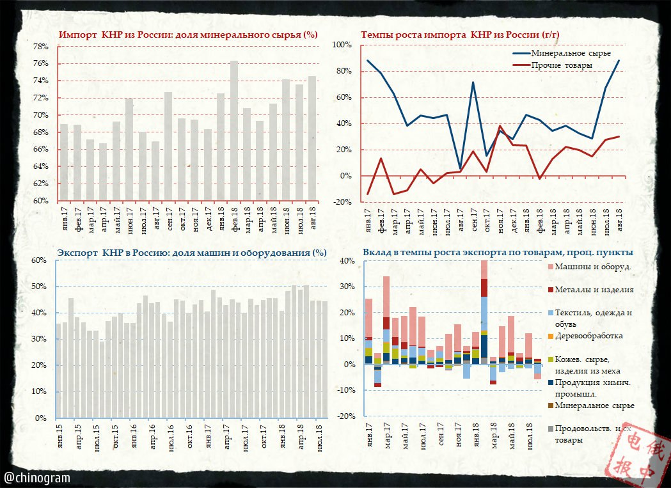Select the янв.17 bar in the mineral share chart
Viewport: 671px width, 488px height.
63,162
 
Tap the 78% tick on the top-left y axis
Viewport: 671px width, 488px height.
40,47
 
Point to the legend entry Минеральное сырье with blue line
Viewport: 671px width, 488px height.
562,52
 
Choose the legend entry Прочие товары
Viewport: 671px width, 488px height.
561,65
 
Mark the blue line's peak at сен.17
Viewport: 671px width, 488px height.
473,82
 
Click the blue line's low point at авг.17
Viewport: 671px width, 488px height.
460,168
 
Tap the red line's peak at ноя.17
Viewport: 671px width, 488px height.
500,126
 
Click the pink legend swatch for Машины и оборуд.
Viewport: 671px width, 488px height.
551,267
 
